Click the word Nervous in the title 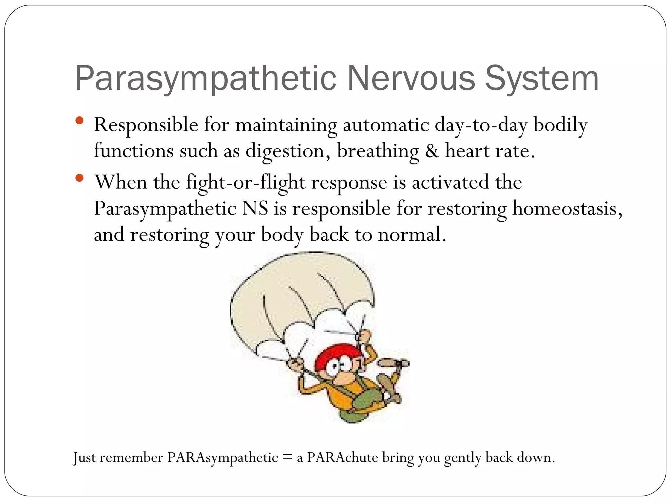click(411, 79)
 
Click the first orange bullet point click(79, 120)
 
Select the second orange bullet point click(79, 178)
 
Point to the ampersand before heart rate click(432, 151)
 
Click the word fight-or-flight click(246, 182)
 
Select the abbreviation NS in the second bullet click(255, 208)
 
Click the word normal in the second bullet click(412, 234)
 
